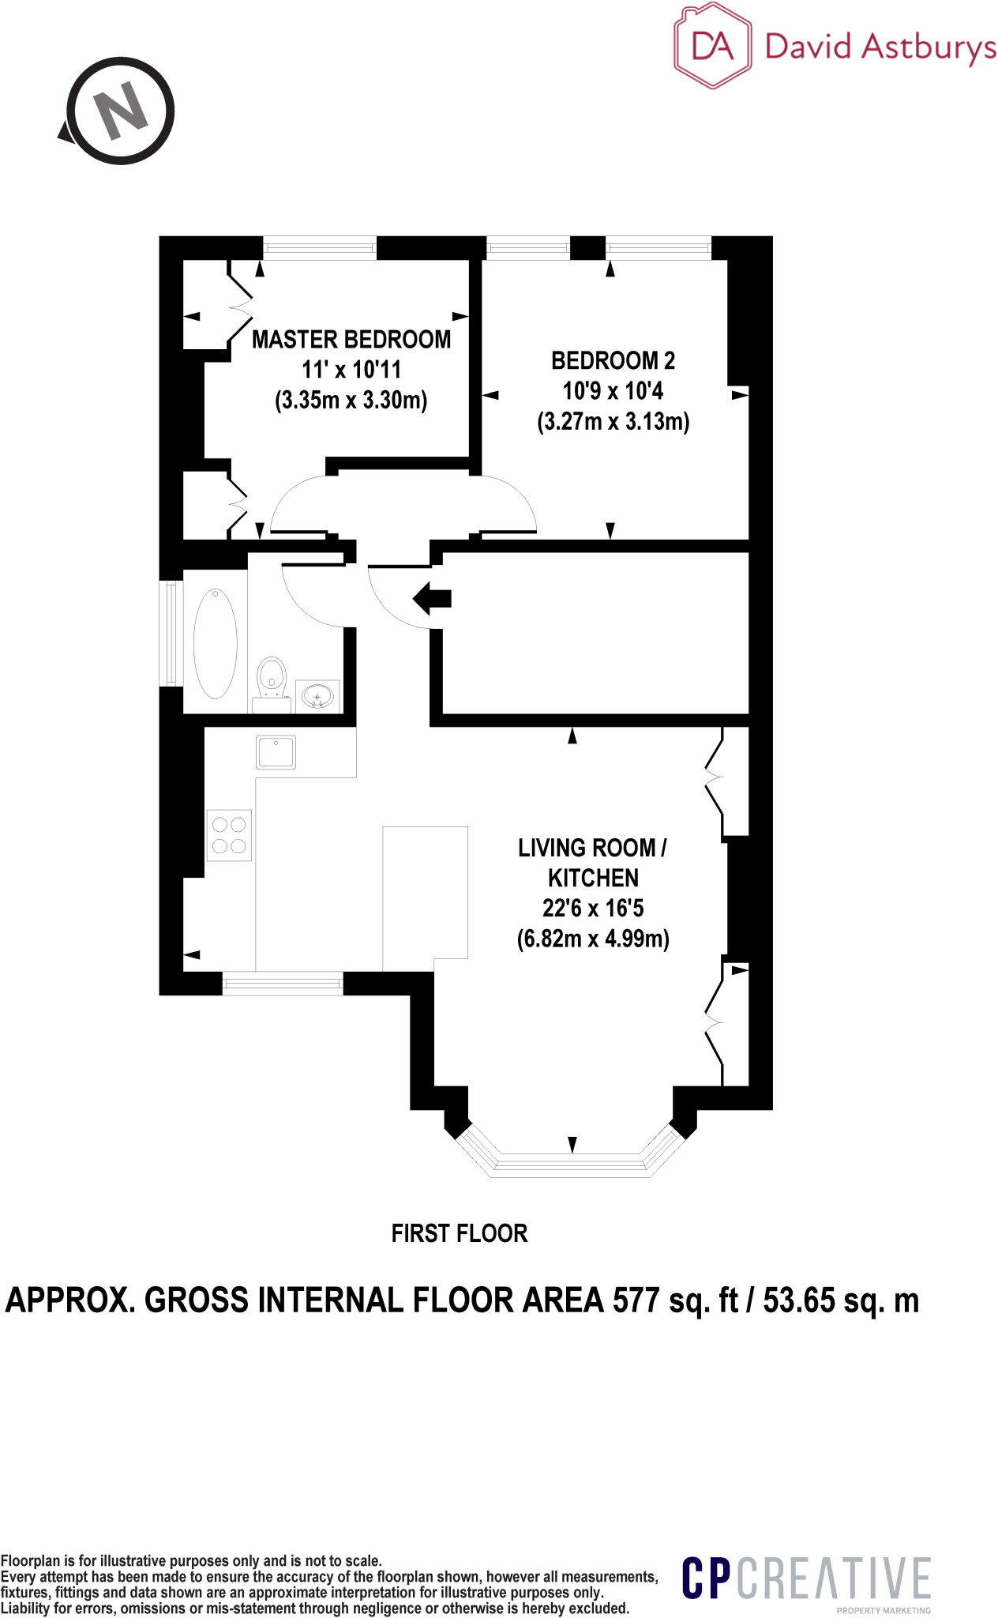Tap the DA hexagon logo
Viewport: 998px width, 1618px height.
point(712,46)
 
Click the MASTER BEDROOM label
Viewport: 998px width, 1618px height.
point(351,340)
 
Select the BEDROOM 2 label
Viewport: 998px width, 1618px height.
point(613,361)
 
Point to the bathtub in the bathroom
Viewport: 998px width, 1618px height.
point(215,643)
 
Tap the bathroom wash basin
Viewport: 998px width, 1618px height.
point(317,697)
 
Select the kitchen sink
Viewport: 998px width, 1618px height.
point(276,751)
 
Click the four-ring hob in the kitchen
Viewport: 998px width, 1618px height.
point(229,835)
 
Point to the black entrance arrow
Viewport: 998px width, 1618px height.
point(432,598)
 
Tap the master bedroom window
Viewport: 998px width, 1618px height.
point(320,248)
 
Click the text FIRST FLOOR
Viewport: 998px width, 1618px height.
point(459,1233)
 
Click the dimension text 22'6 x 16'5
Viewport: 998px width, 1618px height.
point(593,909)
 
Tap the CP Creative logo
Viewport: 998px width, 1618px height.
point(806,1579)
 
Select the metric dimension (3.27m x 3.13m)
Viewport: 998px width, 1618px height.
point(613,422)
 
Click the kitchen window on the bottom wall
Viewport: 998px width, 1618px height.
point(283,983)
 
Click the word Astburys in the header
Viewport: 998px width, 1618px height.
point(929,47)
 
